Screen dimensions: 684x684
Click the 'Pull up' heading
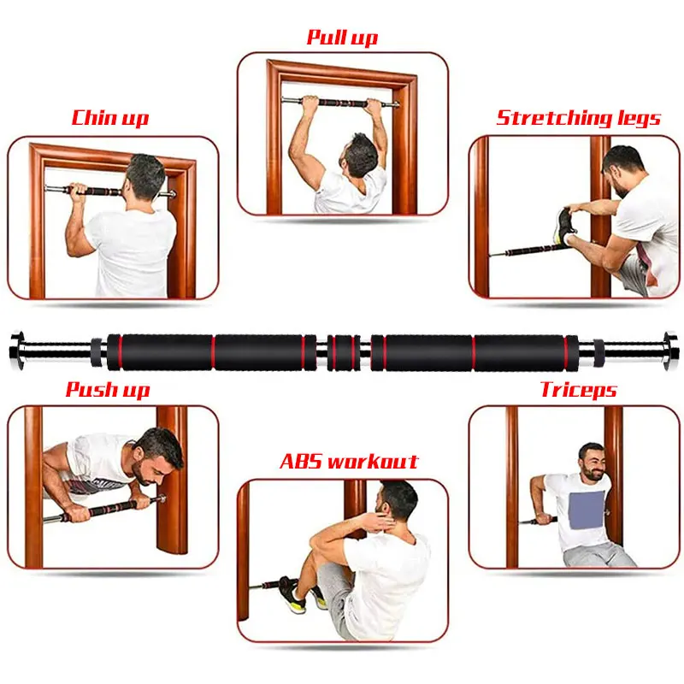coord(342,38)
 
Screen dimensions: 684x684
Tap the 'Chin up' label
coord(109,117)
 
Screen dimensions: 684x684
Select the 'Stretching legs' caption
coord(578,117)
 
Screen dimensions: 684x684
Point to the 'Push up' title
coord(108,391)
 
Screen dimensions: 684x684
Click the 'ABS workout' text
coord(349,463)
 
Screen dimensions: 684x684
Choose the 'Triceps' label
coord(578,391)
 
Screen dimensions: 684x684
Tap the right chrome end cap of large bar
coord(668,351)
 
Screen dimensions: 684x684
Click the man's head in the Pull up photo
coord(361,154)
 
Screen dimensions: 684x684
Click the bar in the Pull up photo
coord(342,103)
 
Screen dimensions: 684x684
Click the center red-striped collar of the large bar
coord(343,351)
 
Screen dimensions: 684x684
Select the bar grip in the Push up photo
coord(111,510)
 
